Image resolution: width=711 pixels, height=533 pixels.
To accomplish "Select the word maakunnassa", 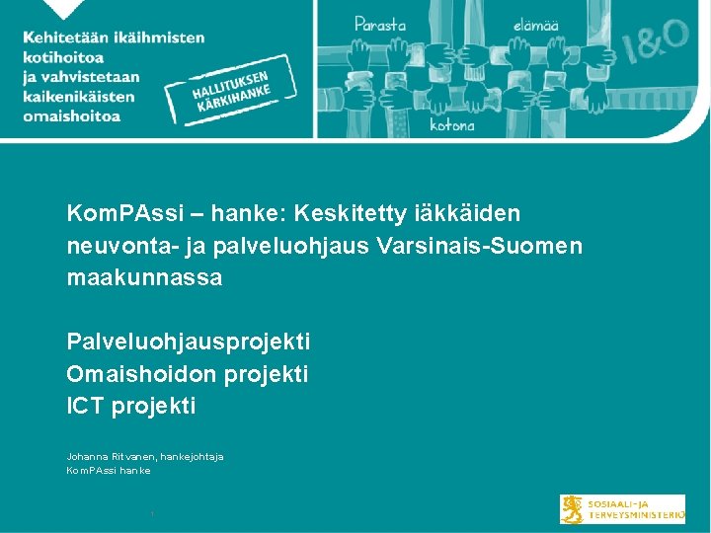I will pyautogui.click(x=144, y=278).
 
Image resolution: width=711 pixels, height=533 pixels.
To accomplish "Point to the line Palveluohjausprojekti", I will pyautogui.click(x=188, y=343).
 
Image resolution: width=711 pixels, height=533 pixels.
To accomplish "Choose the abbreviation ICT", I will pyautogui.click(x=86, y=406).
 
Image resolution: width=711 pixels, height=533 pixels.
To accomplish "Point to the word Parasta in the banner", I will pyautogui.click(x=382, y=22).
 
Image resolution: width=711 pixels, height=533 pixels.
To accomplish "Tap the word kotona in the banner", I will pyautogui.click(x=452, y=125).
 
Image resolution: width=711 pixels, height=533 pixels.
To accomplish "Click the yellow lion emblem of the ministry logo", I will pyautogui.click(x=573, y=508).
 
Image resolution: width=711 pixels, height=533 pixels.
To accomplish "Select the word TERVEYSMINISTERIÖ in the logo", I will pyautogui.click(x=637, y=515).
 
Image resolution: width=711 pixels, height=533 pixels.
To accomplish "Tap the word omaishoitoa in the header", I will pyautogui.click(x=73, y=115).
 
